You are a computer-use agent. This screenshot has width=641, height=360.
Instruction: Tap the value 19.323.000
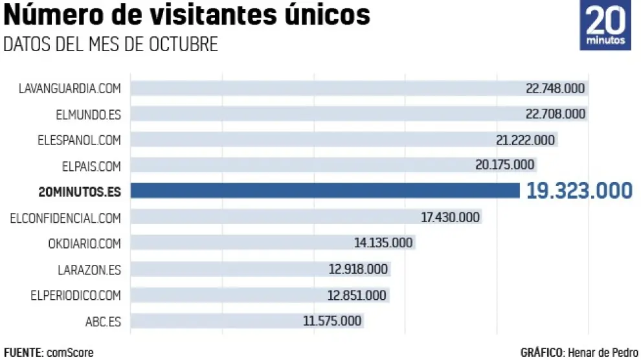[x=579, y=190]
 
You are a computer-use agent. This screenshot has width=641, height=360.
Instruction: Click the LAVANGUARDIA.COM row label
[x=71, y=88]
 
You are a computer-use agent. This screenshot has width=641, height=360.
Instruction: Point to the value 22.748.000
[x=555, y=88]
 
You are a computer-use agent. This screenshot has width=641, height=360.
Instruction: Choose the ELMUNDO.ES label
[x=88, y=114]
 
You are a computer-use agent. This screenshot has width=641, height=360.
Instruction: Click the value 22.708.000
[x=555, y=114]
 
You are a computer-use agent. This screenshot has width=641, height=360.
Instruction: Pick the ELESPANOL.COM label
[x=80, y=140]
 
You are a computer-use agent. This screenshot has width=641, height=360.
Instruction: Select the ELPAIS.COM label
[x=92, y=166]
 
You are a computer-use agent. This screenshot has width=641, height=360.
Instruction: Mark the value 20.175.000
[x=504, y=165]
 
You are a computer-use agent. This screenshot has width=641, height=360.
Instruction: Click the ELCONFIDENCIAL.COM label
[x=65, y=218]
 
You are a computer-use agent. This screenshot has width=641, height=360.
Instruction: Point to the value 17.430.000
[x=450, y=218]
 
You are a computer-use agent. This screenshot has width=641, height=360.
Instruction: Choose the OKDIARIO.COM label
[x=84, y=243]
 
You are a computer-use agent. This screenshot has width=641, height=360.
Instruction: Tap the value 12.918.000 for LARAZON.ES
[x=358, y=269]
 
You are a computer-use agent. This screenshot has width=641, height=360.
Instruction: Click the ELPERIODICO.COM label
[x=76, y=295]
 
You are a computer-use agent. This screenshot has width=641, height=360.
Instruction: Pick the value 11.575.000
[x=333, y=321]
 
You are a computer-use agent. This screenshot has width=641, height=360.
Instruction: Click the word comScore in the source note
[x=69, y=352]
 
